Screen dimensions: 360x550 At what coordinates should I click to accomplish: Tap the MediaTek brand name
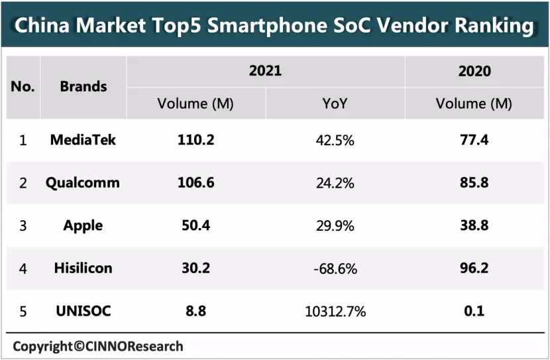click(83, 141)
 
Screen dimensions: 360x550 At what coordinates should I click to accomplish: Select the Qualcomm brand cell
click(83, 183)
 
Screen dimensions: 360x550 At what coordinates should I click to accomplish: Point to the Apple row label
click(83, 225)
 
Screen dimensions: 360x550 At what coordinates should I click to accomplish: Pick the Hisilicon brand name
click(83, 268)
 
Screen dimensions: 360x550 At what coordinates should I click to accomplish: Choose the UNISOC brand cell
click(83, 310)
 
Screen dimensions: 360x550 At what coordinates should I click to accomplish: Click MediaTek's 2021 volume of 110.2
click(195, 141)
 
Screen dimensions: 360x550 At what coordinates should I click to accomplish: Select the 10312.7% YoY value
click(335, 310)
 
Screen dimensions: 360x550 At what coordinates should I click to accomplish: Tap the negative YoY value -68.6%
click(335, 269)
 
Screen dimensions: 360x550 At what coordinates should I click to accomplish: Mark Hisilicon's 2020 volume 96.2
click(474, 268)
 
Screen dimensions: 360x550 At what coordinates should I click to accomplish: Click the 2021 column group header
click(265, 70)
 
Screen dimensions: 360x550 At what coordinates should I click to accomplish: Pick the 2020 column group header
click(474, 70)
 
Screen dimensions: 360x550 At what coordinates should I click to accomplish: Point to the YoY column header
click(335, 103)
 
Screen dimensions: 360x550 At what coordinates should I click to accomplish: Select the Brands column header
click(83, 86)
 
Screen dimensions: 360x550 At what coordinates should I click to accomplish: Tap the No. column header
click(23, 86)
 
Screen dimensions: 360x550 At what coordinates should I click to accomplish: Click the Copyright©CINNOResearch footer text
click(98, 346)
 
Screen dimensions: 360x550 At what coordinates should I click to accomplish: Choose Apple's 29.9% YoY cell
click(335, 225)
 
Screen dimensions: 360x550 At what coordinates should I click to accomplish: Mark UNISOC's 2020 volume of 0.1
click(474, 310)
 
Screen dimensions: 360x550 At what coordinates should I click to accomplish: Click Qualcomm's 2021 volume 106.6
click(195, 183)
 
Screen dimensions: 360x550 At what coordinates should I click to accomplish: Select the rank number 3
click(23, 225)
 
